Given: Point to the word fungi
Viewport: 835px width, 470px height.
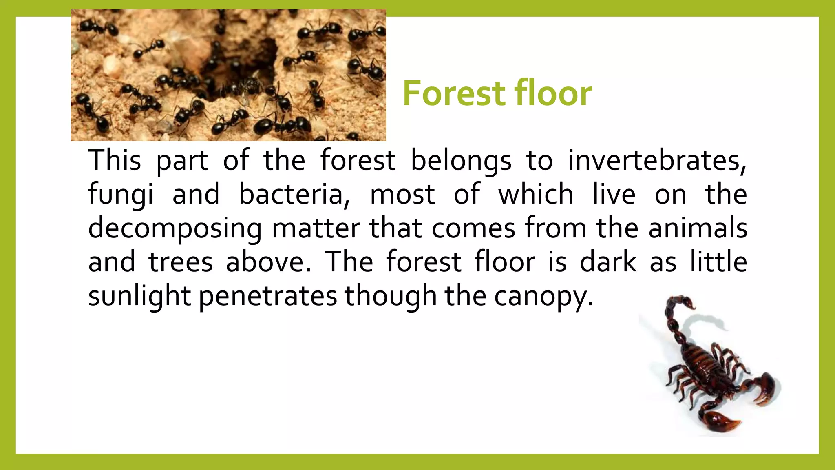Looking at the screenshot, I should [x=121, y=194].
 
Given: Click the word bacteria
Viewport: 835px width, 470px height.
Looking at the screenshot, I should [x=294, y=194].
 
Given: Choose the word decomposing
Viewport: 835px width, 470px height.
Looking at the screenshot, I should [x=175, y=228].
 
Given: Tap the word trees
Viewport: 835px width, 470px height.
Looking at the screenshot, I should [x=181, y=262].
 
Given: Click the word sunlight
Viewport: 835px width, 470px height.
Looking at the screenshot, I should [x=139, y=296].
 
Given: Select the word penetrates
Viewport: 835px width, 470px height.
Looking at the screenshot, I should [x=268, y=296].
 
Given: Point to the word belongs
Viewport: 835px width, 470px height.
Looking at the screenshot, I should [x=461, y=161].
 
